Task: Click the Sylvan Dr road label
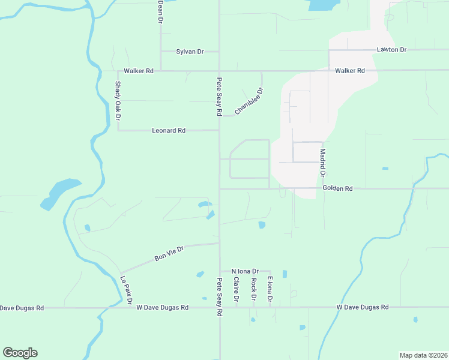[189, 52]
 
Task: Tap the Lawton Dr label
[392, 49]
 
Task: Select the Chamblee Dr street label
[249, 101]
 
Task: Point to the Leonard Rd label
[169, 130]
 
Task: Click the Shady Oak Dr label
[118, 99]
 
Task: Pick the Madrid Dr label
[322, 163]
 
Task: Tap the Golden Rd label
[337, 188]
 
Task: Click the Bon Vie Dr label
[169, 253]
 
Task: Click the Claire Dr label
[237, 289]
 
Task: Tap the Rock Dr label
[253, 289]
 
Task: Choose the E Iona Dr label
[270, 289]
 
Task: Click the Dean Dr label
[160, 11]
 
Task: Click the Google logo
[20, 353]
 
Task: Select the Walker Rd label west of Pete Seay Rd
[139, 71]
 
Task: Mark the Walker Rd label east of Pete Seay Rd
[350, 71]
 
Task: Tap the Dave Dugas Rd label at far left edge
[22, 308]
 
